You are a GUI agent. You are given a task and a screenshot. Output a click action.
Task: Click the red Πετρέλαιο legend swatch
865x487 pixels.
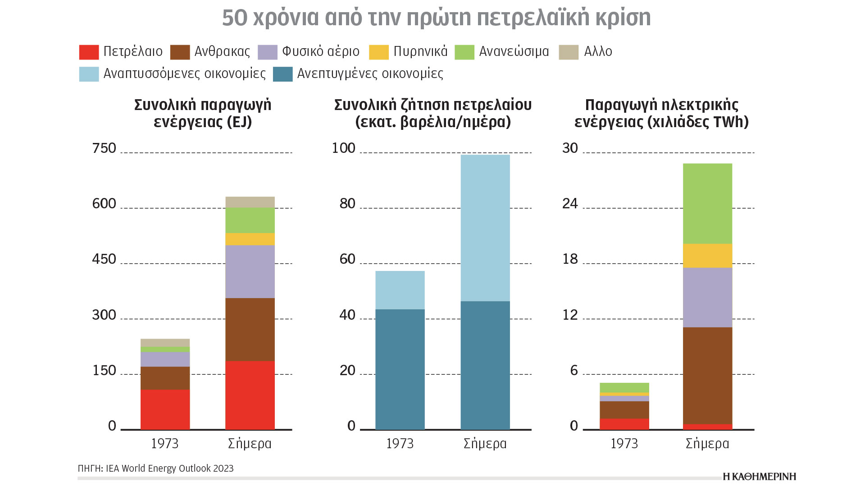point(89,52)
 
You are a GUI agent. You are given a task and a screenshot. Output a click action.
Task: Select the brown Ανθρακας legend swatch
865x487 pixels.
point(180,52)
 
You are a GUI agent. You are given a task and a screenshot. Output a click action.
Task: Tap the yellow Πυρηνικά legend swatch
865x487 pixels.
point(378,52)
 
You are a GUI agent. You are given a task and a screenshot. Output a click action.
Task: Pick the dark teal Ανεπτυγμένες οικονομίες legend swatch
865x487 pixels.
point(282,74)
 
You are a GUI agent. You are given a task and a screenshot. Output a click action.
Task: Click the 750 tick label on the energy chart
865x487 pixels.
point(104,148)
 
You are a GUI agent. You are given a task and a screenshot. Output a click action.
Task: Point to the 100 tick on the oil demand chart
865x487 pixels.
point(343,148)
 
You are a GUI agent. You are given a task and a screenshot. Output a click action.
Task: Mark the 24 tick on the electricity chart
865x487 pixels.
point(570,204)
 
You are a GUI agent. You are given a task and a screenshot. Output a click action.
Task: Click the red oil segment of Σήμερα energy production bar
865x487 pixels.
point(250,395)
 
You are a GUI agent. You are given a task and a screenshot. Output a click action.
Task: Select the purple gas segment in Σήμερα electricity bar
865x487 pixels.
point(707,297)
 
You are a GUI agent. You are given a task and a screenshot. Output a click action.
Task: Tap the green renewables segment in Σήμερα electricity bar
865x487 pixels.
point(707,203)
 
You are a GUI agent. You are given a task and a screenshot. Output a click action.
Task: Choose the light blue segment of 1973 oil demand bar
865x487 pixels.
point(400,290)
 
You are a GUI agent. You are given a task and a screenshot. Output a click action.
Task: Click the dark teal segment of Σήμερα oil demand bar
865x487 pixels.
point(485,365)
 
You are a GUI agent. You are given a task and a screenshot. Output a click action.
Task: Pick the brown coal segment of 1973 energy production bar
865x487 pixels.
point(165,378)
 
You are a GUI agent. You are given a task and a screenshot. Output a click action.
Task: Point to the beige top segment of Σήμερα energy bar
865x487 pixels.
point(250,202)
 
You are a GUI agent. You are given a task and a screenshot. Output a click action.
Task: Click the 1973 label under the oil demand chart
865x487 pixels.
point(400,444)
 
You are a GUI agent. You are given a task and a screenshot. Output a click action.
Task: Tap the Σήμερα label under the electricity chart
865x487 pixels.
point(707,444)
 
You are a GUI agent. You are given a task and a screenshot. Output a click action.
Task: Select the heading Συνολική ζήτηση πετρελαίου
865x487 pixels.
point(432,105)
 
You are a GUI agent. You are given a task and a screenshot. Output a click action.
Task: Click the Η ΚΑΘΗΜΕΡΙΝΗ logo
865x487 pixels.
point(760,477)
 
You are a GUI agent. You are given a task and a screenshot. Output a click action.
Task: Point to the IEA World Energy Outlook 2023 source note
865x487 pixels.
point(155,469)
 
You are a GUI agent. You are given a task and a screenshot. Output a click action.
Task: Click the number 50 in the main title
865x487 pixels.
point(235,18)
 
